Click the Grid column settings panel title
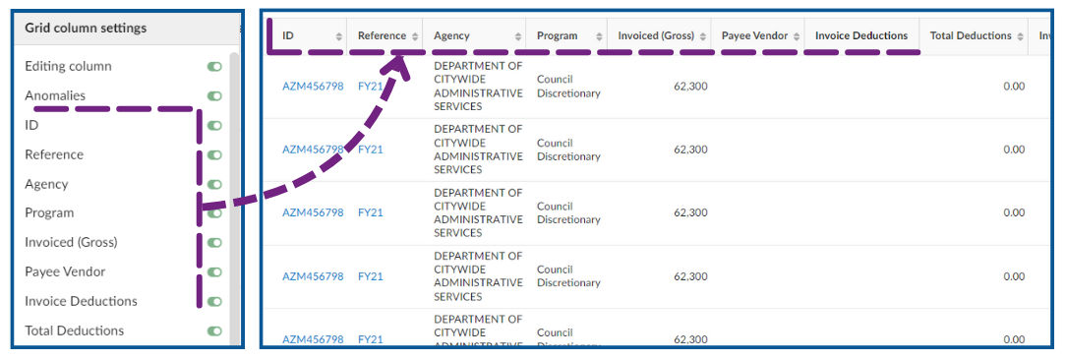(86, 29)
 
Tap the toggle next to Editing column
(214, 67)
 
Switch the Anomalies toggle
(214, 96)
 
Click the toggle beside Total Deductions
(214, 331)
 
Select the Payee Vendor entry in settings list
(65, 271)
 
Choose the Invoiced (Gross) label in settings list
(71, 242)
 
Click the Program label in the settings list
(49, 212)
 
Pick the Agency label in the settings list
(47, 184)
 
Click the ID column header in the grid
(288, 36)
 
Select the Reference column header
(382, 36)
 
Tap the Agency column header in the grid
(451, 36)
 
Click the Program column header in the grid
(558, 36)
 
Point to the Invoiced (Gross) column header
(656, 36)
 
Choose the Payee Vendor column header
(754, 36)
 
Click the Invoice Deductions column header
(861, 36)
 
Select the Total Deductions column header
(971, 36)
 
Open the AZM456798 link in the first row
(313, 87)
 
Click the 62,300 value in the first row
(689, 87)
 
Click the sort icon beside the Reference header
(414, 36)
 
